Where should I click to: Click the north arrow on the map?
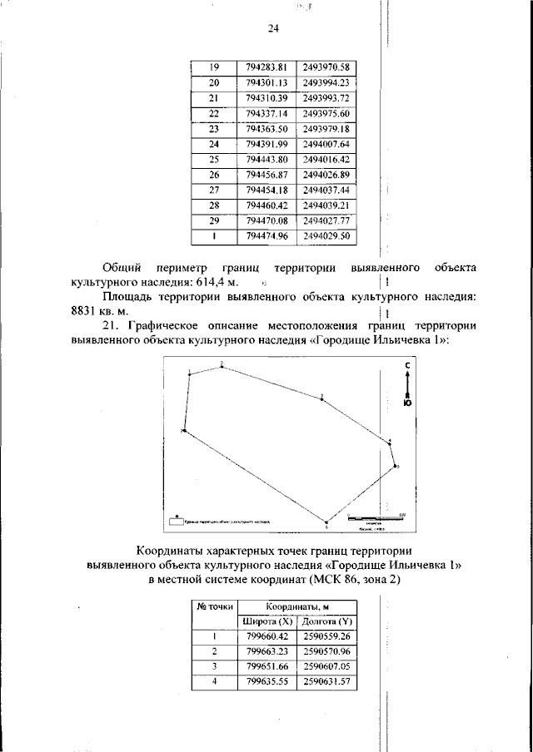click(406, 383)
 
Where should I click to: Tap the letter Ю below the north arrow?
click(406, 403)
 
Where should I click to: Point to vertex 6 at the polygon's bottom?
click(326, 522)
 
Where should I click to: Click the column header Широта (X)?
click(266, 621)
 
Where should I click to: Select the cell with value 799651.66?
click(266, 667)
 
